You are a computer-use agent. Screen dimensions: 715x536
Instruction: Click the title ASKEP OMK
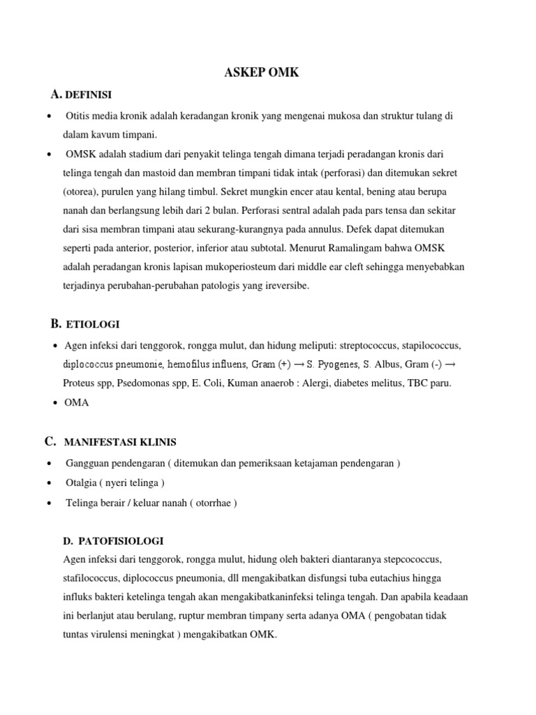261,73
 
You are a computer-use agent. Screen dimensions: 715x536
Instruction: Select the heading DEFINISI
89,94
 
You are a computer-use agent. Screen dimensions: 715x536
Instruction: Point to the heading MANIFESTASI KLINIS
120,442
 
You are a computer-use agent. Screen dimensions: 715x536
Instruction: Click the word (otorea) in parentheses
81,191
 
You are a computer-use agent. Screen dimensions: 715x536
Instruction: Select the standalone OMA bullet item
77,403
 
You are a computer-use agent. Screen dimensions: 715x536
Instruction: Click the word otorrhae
211,503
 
